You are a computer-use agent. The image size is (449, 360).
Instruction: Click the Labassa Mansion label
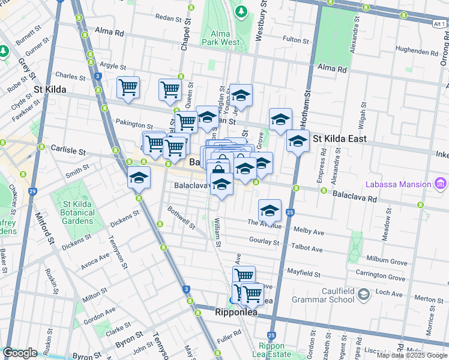pos(396,182)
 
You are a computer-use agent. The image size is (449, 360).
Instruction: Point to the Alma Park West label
pos(221,38)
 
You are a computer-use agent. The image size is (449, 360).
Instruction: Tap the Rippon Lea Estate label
pos(274,350)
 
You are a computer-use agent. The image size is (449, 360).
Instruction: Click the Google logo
pos(20,353)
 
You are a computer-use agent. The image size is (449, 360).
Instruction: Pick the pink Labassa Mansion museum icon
pos(441,182)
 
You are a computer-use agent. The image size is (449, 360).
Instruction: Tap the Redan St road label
pos(168,19)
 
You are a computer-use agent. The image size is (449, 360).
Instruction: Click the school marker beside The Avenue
pos(270,211)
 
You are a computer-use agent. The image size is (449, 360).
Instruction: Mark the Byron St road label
pos(131,335)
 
